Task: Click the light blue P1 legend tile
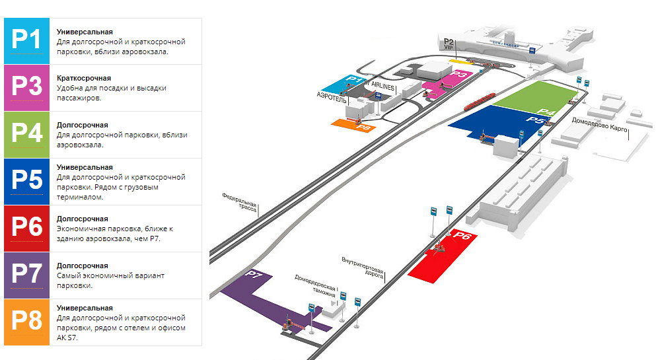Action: tap(27, 41)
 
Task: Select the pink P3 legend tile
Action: tap(27, 88)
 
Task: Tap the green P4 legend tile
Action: tap(27, 135)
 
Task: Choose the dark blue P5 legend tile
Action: tap(27, 182)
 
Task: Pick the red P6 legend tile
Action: tap(27, 229)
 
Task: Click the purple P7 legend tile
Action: tap(27, 275)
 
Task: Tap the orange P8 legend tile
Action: tap(27, 322)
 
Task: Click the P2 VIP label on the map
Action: tap(449, 44)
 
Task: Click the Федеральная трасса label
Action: tap(238, 201)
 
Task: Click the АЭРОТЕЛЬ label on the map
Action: tap(332, 96)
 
